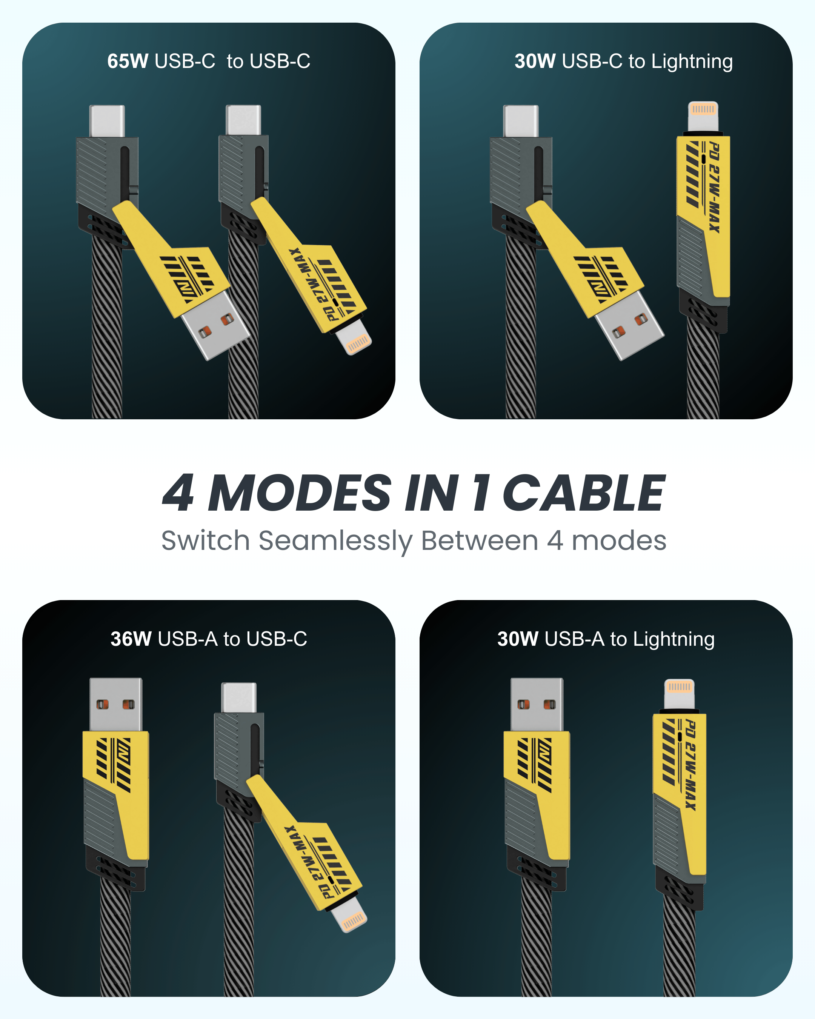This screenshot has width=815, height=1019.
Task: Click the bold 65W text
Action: click(x=128, y=61)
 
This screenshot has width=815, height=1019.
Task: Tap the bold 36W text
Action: click(x=131, y=639)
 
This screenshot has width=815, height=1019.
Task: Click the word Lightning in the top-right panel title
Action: click(x=692, y=62)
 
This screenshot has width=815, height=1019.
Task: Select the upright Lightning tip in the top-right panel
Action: click(x=703, y=116)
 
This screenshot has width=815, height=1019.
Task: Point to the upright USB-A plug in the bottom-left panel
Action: click(x=116, y=705)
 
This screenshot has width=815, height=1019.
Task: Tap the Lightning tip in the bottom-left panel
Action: click(x=349, y=914)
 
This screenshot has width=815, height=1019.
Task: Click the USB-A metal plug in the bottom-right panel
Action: click(x=537, y=705)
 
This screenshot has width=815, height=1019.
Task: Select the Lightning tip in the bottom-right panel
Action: click(x=680, y=693)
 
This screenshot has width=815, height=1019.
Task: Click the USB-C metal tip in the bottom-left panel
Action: click(x=239, y=697)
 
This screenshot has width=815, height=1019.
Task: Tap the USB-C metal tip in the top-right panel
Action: click(x=521, y=121)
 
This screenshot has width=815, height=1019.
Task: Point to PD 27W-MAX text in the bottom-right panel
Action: click(x=690, y=765)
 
